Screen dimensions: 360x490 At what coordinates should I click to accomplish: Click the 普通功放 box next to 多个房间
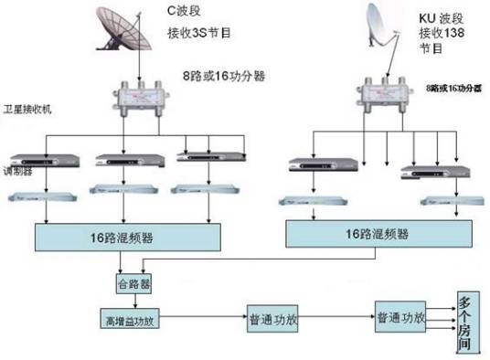(400, 316)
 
